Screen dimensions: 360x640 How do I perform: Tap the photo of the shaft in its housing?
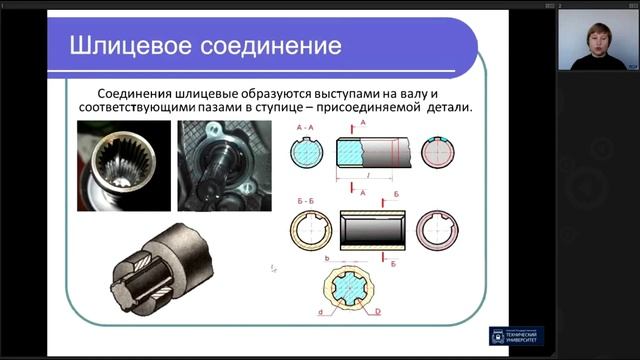225,165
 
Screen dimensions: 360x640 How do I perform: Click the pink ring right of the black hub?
436,229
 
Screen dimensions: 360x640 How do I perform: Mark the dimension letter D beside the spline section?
379,314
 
